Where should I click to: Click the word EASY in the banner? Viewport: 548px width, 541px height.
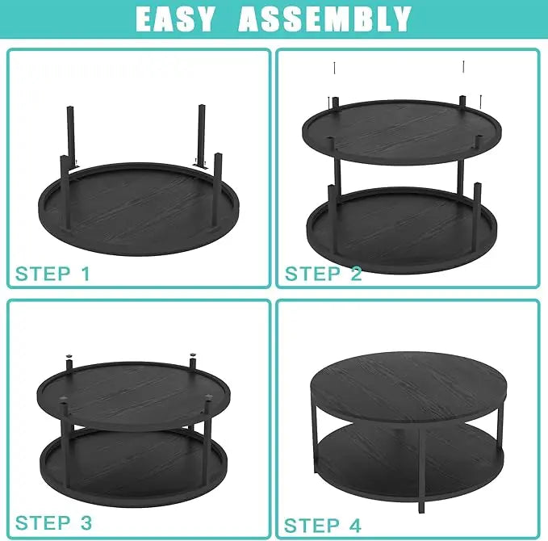point(174,19)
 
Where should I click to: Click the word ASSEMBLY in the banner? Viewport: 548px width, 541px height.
point(324,19)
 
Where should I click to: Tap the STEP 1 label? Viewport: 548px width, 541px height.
point(52,274)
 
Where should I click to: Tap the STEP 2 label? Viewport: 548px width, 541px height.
point(324,274)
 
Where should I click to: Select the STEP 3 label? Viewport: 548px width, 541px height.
point(53,522)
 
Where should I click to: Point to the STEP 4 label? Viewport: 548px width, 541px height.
point(322,526)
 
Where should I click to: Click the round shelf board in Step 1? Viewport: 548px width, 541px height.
point(139,210)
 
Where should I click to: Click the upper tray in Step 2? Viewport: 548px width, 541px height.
point(402,133)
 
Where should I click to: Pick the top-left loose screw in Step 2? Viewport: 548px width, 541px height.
point(334,68)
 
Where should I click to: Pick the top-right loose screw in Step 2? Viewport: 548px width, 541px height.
point(463,66)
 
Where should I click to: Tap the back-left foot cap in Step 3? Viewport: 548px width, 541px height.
point(69,356)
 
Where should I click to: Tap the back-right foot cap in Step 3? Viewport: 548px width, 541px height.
point(192,355)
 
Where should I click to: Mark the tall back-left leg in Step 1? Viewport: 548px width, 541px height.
point(71,138)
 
